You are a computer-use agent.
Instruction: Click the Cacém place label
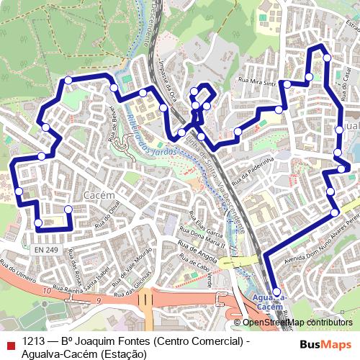95,195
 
